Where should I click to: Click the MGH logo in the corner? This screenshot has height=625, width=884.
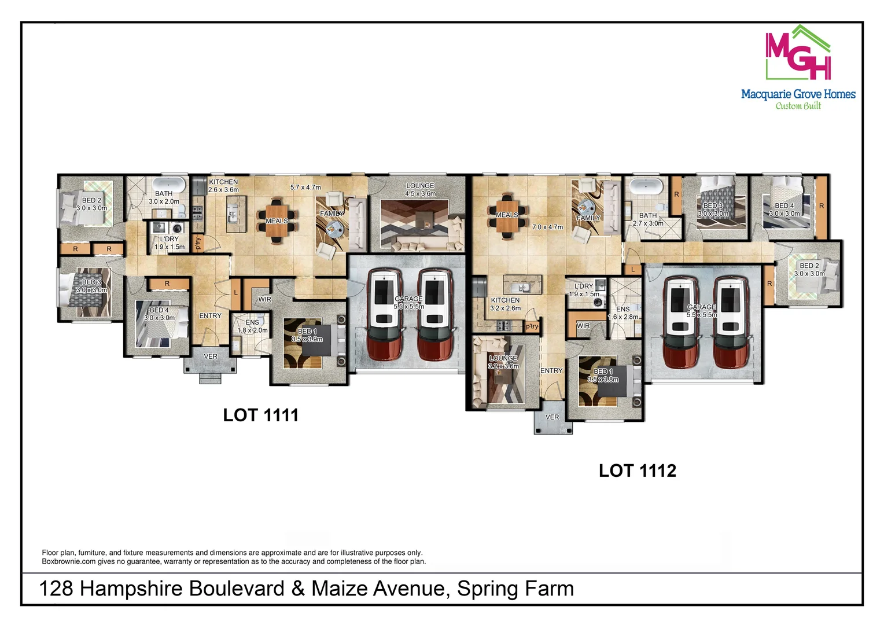coord(798,53)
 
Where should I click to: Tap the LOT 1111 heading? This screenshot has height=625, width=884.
coord(260,415)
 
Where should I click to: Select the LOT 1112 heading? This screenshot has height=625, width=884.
coord(637,470)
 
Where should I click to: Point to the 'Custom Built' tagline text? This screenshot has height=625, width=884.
coord(798,106)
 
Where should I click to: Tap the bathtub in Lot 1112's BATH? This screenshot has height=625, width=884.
coord(647,187)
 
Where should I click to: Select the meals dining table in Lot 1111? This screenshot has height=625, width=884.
coord(277,221)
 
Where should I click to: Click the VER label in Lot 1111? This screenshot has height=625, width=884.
coord(211,356)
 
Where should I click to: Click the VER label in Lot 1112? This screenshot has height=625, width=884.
coord(552,417)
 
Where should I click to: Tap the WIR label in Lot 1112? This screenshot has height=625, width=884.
coord(583,326)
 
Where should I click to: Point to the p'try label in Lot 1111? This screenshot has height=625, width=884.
coord(198,243)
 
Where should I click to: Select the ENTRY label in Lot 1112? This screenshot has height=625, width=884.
coord(551,371)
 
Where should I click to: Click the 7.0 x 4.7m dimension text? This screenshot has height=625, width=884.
coord(547,227)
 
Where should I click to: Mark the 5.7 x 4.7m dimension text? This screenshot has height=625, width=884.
coord(305,187)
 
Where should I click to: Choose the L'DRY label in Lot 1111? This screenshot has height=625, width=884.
coord(169,239)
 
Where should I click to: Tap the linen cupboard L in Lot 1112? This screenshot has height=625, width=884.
coord(633,270)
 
